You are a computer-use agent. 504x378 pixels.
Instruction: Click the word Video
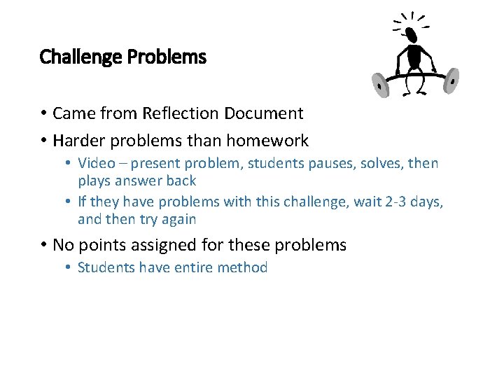click(94, 164)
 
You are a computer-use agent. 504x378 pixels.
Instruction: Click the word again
click(177, 220)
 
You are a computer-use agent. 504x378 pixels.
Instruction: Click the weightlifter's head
click(411, 34)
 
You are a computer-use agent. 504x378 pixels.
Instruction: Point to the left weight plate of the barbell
click(380, 86)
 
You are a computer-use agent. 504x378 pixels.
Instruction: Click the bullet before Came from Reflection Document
click(43, 113)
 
